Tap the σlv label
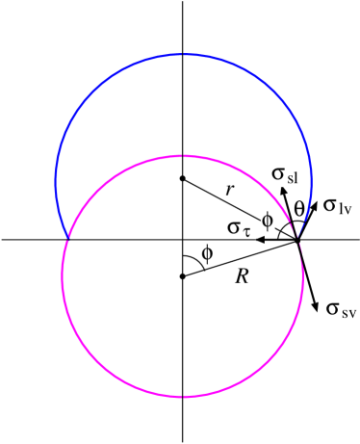click(336, 203)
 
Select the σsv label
click(340, 306)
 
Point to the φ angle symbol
click(267, 220)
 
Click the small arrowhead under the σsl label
click(283, 193)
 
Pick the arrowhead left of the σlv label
click(314, 204)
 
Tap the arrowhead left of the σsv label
click(315, 306)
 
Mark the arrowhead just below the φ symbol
click(260, 240)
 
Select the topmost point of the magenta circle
click(182, 155)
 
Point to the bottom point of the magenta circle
click(182, 396)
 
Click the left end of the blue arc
click(67, 237)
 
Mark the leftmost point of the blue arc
click(56, 180)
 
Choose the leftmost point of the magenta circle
click(62, 275)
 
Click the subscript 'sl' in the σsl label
click(292, 178)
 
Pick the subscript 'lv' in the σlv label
click(344, 208)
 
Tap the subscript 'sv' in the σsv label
click(347, 311)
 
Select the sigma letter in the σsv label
click(333, 308)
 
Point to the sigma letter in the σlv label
click(329, 204)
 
